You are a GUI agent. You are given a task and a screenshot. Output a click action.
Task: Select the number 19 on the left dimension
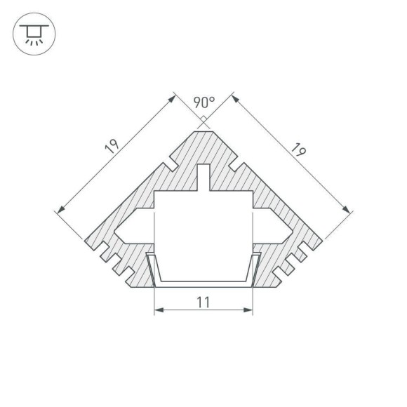tap(111, 147)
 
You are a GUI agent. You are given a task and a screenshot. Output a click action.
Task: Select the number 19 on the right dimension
tap(298, 149)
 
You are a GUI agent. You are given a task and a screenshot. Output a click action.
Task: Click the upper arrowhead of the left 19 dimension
tap(171, 98)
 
